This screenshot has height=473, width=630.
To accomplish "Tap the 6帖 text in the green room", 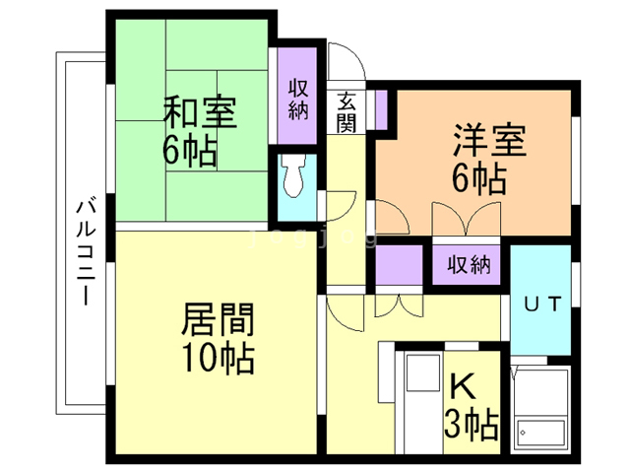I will pos(191,151).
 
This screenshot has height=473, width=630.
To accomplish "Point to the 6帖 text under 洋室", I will pos(480,179).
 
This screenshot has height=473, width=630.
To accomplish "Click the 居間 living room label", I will pos(218,320).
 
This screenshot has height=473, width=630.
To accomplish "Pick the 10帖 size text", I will pos(218,358).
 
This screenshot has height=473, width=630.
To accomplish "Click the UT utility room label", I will pos(540,304).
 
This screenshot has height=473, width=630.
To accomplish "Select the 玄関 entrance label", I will pos(346,111).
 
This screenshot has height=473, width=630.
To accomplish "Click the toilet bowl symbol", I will pos(293,178).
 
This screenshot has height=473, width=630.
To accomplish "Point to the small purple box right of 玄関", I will pos(381,106).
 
